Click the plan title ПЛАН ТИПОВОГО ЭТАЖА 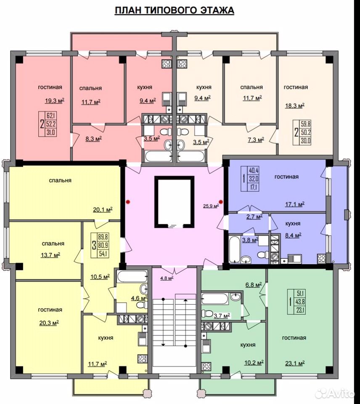(175, 10)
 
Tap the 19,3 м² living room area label (55, 101)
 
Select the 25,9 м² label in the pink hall (211, 206)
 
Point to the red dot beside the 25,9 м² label (221, 202)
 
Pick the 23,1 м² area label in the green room (295, 364)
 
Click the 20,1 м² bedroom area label (103, 210)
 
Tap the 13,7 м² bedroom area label (50, 255)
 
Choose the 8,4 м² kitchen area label (293, 235)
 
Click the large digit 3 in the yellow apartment (94, 245)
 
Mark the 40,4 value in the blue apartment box (254, 170)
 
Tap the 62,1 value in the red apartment (51, 116)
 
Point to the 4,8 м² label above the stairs (167, 278)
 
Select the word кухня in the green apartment (248, 345)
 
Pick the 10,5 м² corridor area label (100, 277)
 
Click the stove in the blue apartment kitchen (321, 258)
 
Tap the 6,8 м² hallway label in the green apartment (254, 285)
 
